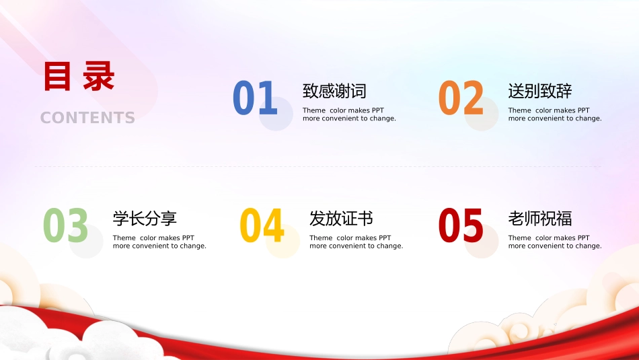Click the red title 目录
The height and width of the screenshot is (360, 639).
click(79, 77)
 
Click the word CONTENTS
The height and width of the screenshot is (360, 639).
click(87, 118)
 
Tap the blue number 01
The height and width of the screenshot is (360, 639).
click(255, 98)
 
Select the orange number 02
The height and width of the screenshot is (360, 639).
click(461, 98)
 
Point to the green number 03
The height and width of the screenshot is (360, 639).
click(66, 225)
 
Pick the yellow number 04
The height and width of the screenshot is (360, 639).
click(262, 225)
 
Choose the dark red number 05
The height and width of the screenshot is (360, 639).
click(461, 225)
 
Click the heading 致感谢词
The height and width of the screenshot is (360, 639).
click(334, 91)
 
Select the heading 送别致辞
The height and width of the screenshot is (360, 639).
click(540, 91)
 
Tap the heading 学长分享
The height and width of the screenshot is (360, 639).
click(145, 218)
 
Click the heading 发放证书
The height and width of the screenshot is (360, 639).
click(341, 218)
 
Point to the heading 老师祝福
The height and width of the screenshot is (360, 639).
click(540, 218)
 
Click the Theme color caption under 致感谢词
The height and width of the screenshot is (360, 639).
click(349, 114)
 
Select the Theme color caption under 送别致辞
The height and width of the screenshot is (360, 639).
click(555, 114)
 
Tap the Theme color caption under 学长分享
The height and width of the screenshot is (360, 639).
click(159, 242)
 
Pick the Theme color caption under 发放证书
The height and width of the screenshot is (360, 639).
click(356, 242)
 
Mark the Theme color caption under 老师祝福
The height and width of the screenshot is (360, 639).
click(555, 242)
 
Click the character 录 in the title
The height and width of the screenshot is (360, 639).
click(98, 77)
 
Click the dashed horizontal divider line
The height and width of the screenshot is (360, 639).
click(319, 166)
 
